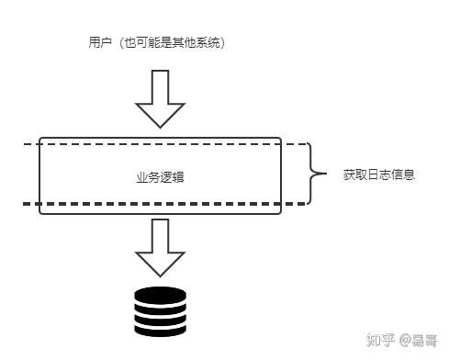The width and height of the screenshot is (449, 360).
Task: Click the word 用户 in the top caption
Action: pyautogui.click(x=95, y=43)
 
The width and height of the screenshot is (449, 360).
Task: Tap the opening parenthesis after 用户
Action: pyautogui.click(x=115, y=43)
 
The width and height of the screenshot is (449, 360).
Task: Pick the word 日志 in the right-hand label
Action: pyautogui.click(x=378, y=173)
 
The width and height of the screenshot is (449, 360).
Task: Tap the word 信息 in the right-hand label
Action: pyautogui.click(x=403, y=173)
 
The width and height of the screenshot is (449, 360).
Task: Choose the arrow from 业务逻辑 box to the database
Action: pyautogui.click(x=160, y=245)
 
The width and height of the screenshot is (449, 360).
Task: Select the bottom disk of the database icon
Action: pyautogui.click(x=160, y=328)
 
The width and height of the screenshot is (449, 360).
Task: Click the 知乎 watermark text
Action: pyautogui.click(x=379, y=340)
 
